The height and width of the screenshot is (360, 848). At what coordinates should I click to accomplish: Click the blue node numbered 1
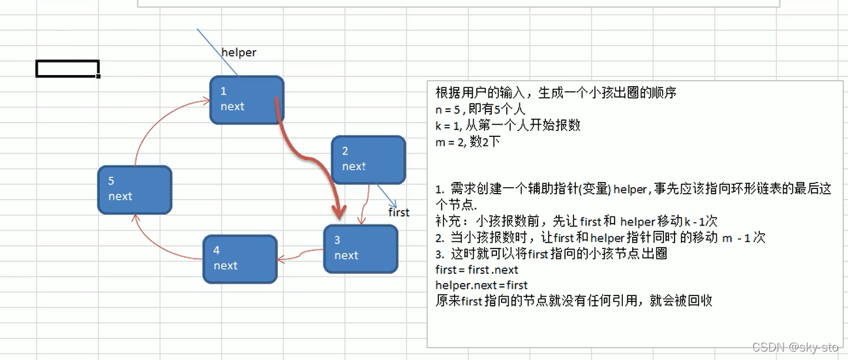pyautogui.click(x=247, y=100)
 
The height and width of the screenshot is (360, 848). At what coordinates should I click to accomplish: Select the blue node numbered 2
pyautogui.click(x=368, y=159)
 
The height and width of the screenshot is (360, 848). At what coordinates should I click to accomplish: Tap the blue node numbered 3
pyautogui.click(x=360, y=248)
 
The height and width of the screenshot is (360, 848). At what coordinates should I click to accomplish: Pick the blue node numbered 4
pyautogui.click(x=240, y=259)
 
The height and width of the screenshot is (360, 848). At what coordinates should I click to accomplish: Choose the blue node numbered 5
pyautogui.click(x=134, y=189)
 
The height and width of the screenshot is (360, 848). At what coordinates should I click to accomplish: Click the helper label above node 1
pyautogui.click(x=239, y=53)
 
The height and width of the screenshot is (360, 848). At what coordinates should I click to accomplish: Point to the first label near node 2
pyautogui.click(x=399, y=212)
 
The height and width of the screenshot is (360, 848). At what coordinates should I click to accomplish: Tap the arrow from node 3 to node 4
pyautogui.click(x=300, y=254)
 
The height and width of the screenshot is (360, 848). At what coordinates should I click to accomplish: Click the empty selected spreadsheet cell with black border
pyautogui.click(x=67, y=68)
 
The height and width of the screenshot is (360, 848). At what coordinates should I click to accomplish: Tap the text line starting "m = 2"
pyautogui.click(x=468, y=141)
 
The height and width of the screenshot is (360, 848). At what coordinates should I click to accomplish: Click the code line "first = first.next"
pyautogui.click(x=477, y=269)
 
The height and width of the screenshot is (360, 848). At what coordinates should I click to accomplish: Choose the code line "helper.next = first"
pyautogui.click(x=481, y=285)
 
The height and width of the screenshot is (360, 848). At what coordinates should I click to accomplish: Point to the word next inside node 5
pyautogui.click(x=121, y=196)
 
